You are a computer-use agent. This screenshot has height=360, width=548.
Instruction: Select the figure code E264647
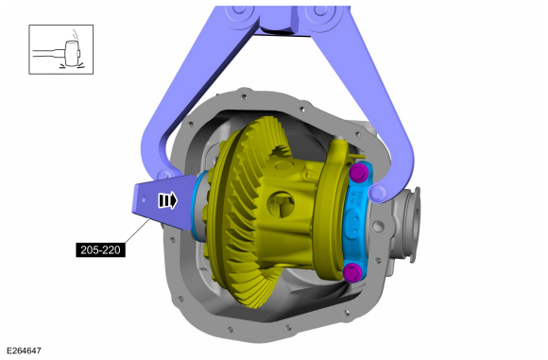[x=24, y=351]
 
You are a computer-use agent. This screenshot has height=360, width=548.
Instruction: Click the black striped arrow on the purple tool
[x=167, y=200]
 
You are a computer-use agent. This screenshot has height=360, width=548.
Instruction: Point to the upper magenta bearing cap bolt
[x=358, y=175]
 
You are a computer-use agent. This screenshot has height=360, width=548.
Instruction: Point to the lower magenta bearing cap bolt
[x=353, y=273]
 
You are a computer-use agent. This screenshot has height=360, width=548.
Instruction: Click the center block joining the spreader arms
[x=276, y=16]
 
